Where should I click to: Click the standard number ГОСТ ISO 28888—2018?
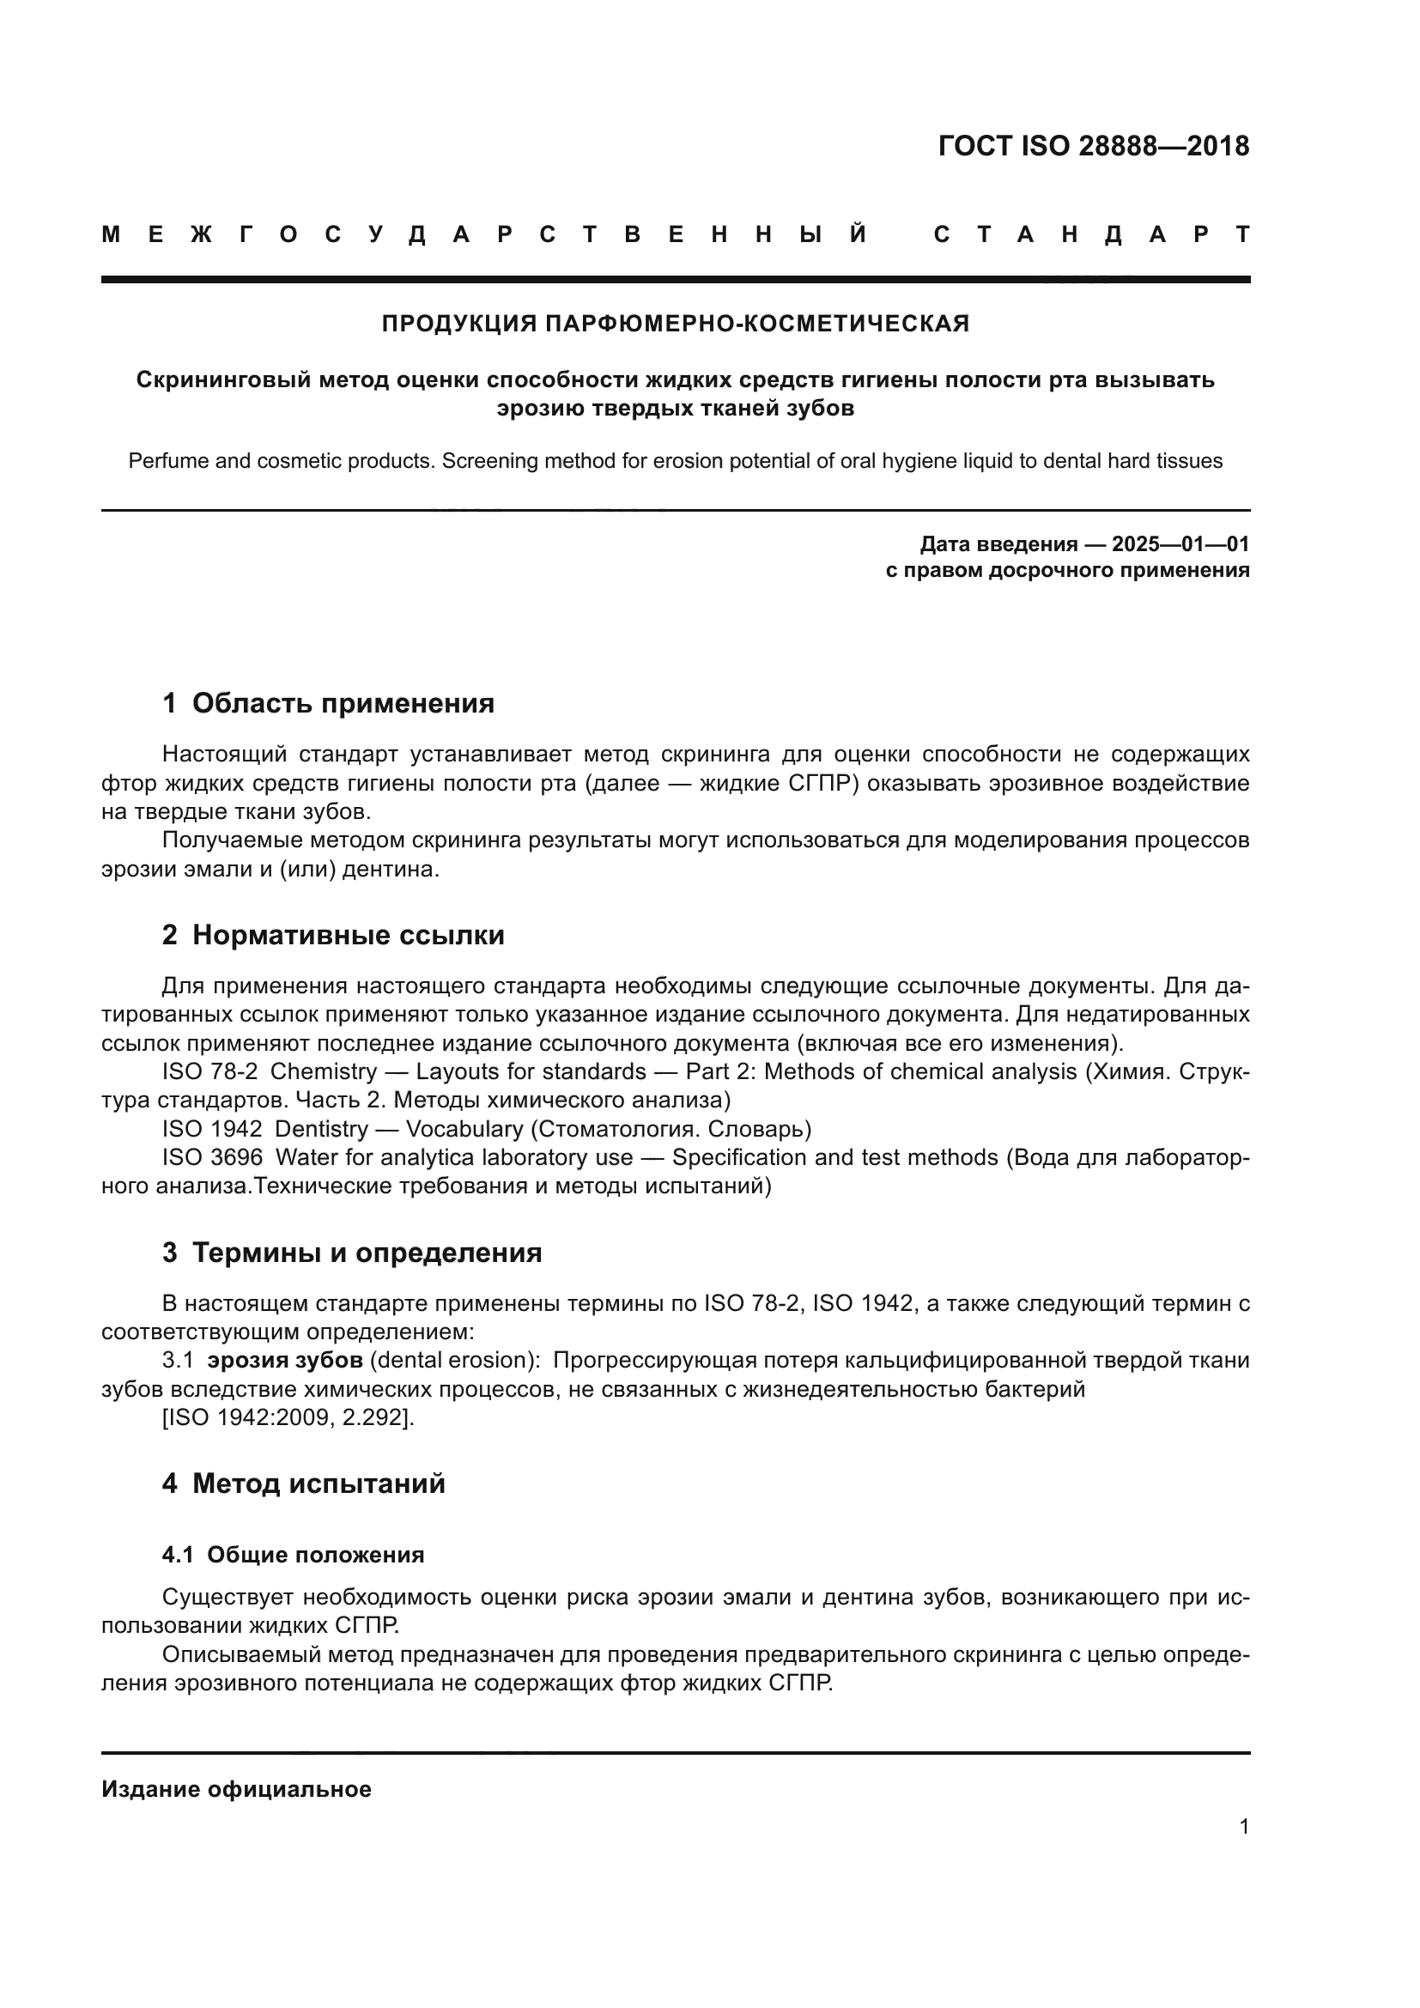point(1093,146)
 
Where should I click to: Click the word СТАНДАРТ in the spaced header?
point(1092,234)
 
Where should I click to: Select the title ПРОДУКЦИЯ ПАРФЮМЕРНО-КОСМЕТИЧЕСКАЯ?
point(675,324)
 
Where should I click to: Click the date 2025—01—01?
point(1180,544)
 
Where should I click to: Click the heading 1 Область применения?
point(328,703)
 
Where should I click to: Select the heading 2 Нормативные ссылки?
point(333,935)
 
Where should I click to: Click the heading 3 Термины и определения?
point(351,1253)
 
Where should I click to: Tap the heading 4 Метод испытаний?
point(303,1483)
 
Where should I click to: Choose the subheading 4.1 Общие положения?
point(293,1554)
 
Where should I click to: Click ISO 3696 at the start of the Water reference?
point(211,1157)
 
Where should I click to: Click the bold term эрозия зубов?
point(285,1360)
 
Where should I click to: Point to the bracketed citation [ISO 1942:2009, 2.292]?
point(288,1417)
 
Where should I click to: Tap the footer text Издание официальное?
point(236,1788)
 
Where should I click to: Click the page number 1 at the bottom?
point(1243,1826)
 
